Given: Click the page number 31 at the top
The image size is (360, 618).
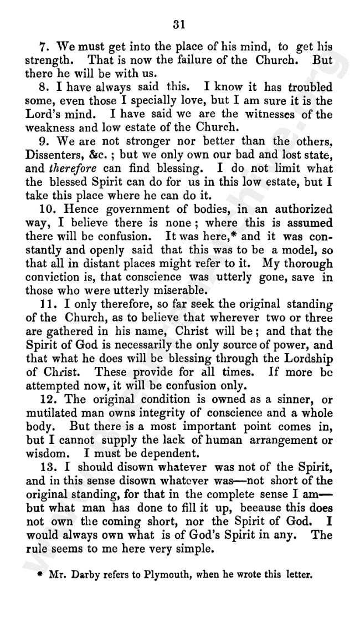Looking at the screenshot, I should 178,24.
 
